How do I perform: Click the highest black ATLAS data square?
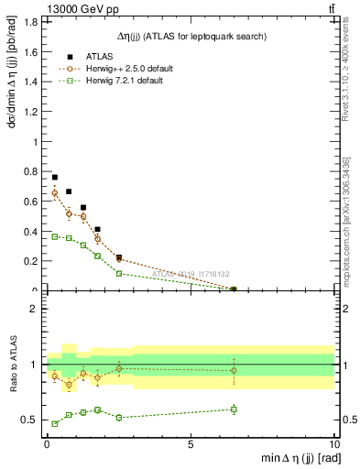[x=55, y=177]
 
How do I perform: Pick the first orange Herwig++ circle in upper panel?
[x=55, y=193]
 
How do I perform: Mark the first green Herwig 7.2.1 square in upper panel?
[x=55, y=236]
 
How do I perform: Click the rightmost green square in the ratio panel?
[x=234, y=409]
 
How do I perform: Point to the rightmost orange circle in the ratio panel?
[x=234, y=371]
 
